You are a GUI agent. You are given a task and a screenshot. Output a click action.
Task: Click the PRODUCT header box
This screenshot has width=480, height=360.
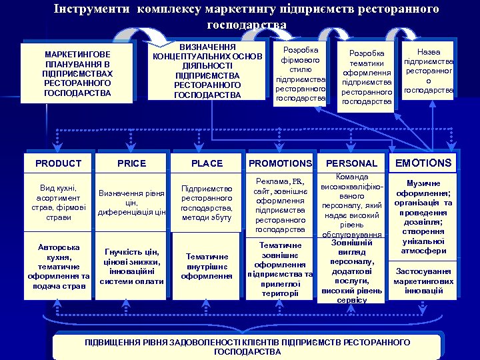58,163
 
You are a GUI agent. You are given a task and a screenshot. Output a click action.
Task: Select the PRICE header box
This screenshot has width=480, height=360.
131,163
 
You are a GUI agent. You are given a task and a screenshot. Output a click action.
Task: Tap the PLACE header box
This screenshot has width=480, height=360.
207,163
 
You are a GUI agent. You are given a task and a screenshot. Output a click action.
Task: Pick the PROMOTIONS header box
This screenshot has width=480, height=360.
280,163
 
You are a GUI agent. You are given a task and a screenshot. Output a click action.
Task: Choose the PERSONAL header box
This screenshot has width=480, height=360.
351,163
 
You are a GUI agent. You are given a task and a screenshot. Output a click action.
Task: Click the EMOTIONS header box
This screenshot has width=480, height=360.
423,163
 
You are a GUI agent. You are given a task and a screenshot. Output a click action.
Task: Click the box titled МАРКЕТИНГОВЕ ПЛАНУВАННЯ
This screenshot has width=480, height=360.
78,73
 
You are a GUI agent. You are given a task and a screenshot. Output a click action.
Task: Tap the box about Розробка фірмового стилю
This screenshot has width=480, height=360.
300,74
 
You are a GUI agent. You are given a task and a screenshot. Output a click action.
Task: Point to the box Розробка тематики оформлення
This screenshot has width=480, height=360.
367,77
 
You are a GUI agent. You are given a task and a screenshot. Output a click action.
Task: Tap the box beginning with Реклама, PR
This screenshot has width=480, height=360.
280,205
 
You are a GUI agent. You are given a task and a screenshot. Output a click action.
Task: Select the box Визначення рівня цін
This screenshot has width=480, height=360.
131,203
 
